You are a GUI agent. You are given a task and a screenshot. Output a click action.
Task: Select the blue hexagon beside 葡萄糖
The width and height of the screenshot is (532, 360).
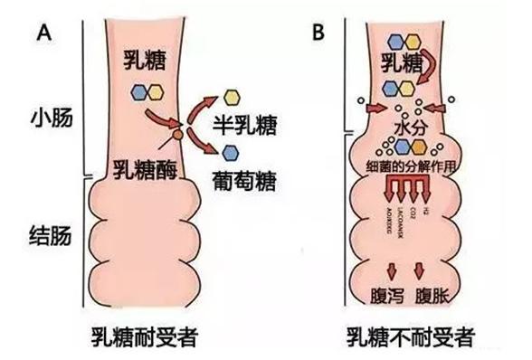(x=232, y=149)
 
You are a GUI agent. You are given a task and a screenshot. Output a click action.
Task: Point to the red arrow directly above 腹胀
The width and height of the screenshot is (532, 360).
(x=420, y=269)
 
